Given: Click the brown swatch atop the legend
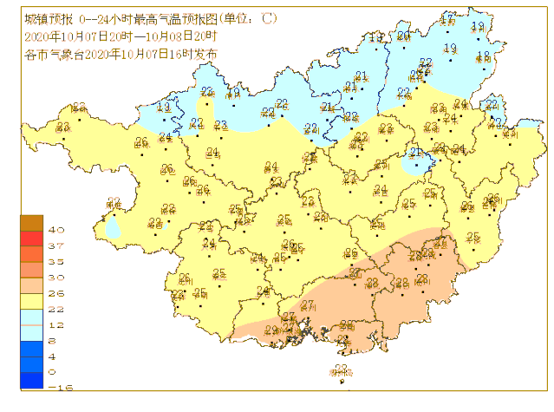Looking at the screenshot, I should coord(31,223).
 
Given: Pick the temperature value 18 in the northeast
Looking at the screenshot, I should coord(484,56).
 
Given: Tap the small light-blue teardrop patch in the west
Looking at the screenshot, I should coord(113,228).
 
